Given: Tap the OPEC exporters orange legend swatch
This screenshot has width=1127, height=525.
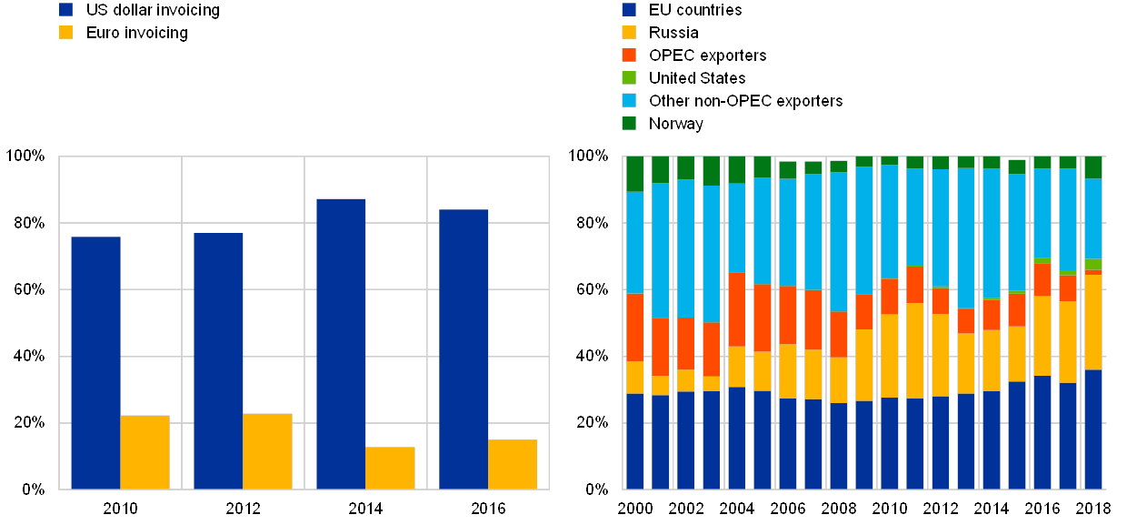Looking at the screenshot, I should pyautogui.click(x=629, y=56).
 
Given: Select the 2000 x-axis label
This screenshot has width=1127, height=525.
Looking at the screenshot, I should pyautogui.click(x=635, y=507).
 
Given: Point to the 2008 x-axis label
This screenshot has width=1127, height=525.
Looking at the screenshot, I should pyautogui.click(x=839, y=507).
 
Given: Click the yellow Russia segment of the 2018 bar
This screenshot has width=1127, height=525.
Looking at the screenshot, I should pyautogui.click(x=1093, y=322).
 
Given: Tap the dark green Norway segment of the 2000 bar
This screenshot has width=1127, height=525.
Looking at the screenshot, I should pyautogui.click(x=635, y=174).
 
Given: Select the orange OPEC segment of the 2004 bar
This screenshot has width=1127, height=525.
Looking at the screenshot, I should pyautogui.click(x=737, y=309).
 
